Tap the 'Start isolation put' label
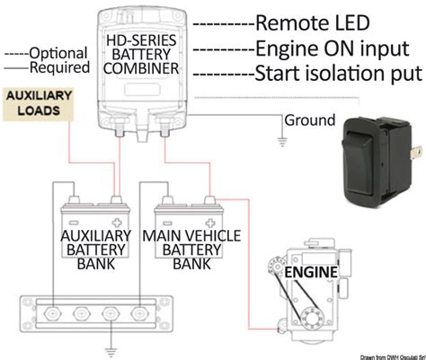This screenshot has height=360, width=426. click(x=338, y=73)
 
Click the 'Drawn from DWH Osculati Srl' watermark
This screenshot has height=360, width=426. click(x=374, y=355)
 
